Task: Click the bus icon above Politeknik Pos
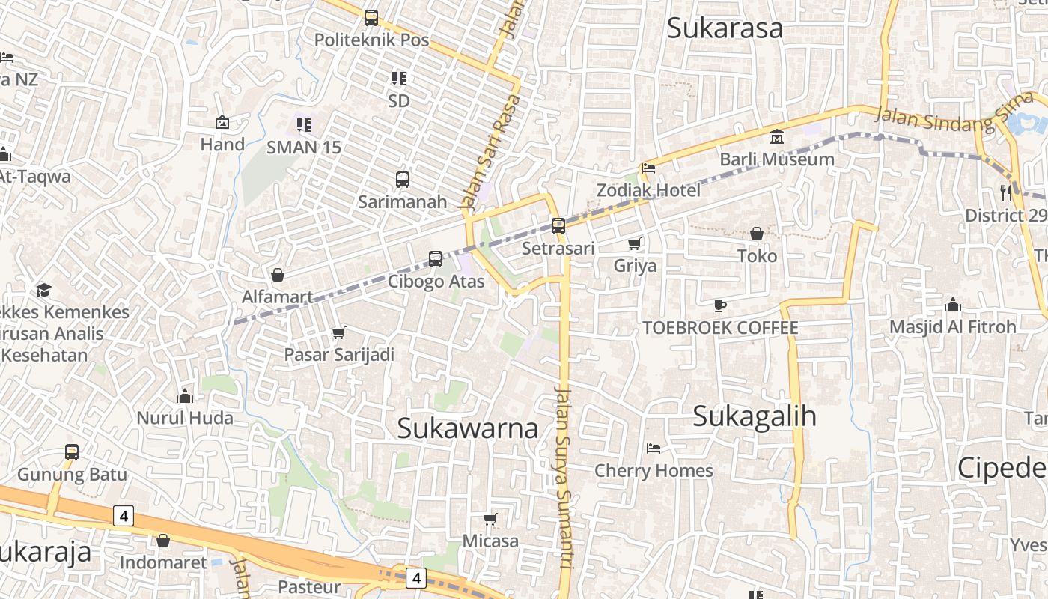click(x=371, y=17)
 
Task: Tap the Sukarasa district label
click(x=724, y=28)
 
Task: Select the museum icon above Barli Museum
click(x=777, y=137)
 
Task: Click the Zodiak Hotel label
click(x=648, y=190)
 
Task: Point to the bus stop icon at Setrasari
click(x=558, y=225)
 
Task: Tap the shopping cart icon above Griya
click(x=635, y=243)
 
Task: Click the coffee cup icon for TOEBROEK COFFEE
click(x=720, y=305)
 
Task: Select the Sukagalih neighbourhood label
click(x=754, y=416)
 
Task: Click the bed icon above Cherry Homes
click(x=654, y=449)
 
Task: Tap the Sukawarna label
click(x=467, y=428)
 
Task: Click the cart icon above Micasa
click(x=490, y=519)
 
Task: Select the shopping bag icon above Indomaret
click(x=163, y=540)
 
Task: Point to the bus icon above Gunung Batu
click(x=72, y=452)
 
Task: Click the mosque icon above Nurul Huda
click(x=185, y=395)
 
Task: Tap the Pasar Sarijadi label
click(x=339, y=354)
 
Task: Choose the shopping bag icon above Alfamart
click(x=278, y=275)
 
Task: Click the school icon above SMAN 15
click(x=303, y=124)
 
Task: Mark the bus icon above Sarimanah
click(x=403, y=180)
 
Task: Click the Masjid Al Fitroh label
click(x=952, y=326)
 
